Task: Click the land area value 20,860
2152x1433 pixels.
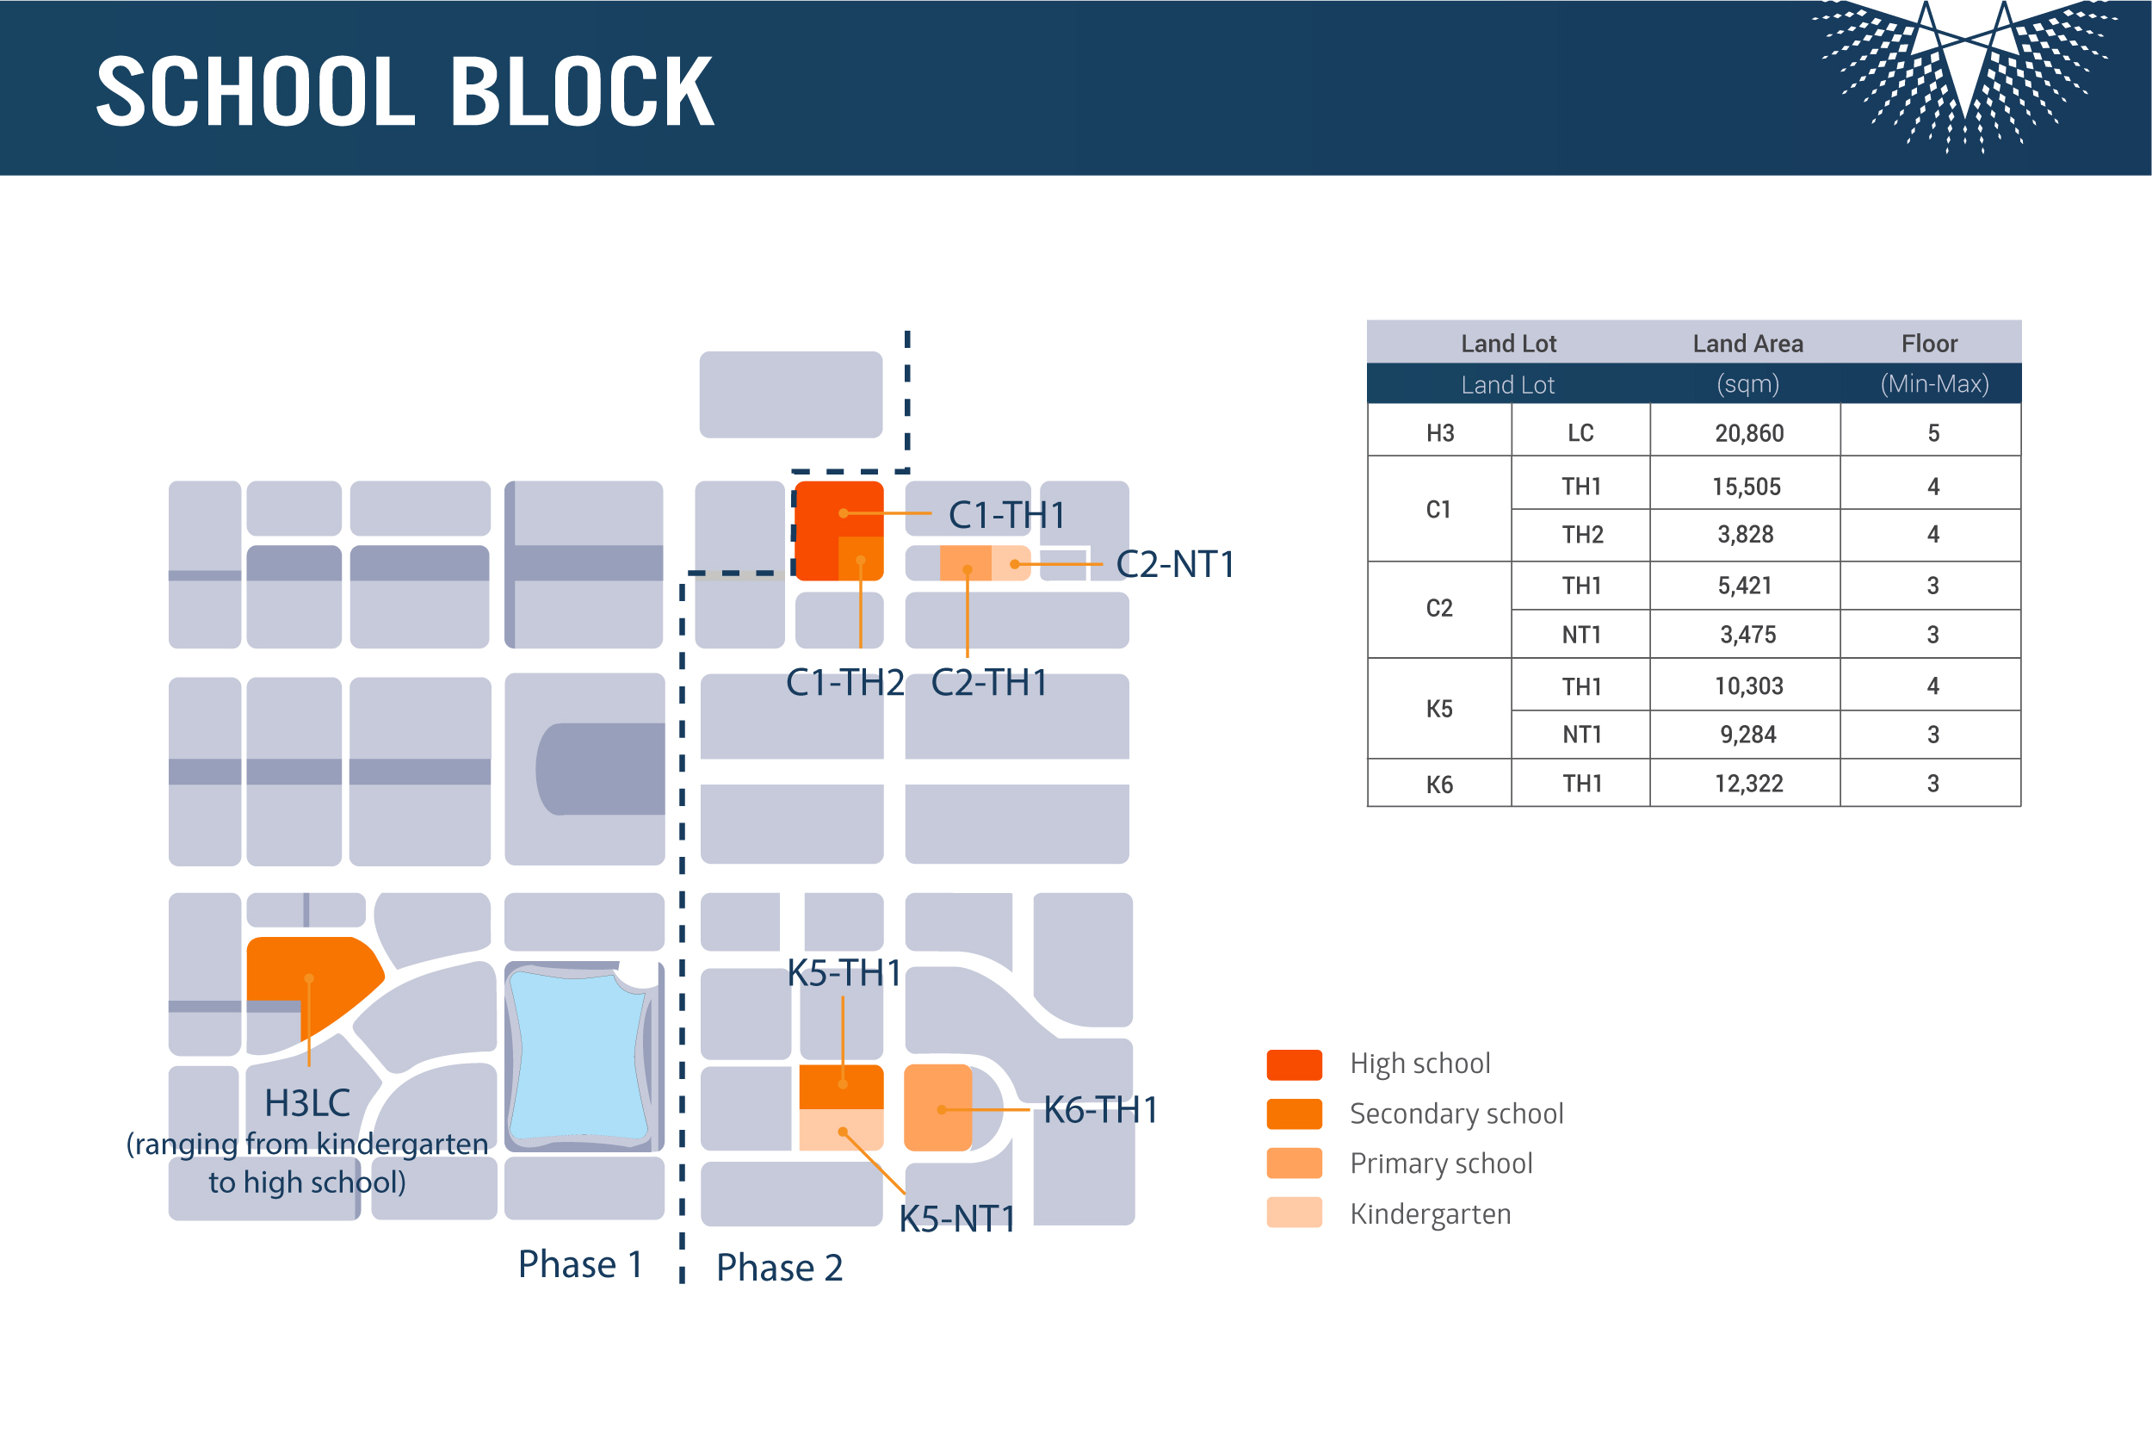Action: click(1748, 433)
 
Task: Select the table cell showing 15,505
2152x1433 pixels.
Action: click(1746, 487)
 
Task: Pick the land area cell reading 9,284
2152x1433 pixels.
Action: click(1747, 735)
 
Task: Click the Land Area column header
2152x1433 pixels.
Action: click(1747, 344)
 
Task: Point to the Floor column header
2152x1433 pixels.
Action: click(1929, 344)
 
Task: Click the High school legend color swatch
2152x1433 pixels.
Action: click(1295, 1064)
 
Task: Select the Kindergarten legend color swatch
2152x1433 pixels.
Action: click(1295, 1213)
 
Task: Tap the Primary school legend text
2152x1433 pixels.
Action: click(1440, 1163)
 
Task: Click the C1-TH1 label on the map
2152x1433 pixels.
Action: click(1006, 514)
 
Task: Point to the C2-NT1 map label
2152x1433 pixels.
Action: click(1175, 564)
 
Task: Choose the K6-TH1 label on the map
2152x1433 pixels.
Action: click(1101, 1109)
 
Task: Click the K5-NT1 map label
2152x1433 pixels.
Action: click(957, 1219)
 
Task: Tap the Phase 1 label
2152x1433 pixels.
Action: click(580, 1264)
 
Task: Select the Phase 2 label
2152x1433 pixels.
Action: click(779, 1267)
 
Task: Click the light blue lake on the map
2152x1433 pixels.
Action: click(578, 1056)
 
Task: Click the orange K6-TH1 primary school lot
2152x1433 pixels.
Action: click(937, 1107)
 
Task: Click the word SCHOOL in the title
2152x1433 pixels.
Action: click(255, 91)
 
